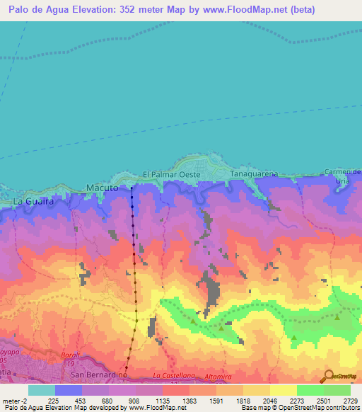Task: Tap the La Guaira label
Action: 33,202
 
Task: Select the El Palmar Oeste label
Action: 172,174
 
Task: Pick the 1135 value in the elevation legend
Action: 162,400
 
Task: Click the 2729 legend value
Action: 351,400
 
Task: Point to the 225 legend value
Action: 54,400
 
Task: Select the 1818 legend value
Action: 243,400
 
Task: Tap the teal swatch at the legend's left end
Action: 41,390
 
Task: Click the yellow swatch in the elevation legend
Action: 283,390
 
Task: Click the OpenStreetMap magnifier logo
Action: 327,376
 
